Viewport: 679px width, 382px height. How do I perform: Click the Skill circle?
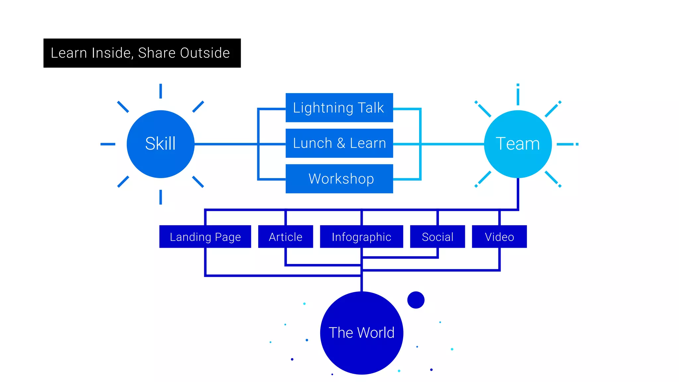point(160,144)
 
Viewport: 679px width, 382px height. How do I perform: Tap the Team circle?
point(518,144)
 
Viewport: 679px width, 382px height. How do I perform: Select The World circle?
point(361,333)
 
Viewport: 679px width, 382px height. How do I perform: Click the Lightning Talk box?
point(339,108)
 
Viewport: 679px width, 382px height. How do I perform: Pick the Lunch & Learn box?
point(339,143)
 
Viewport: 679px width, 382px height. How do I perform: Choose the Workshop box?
point(339,179)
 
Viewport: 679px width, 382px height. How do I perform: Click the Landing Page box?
point(205,237)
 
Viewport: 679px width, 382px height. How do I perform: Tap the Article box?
point(285,237)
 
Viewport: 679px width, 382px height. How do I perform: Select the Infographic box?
point(361,237)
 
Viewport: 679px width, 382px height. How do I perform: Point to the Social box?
point(437,237)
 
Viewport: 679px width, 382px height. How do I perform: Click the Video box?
point(499,237)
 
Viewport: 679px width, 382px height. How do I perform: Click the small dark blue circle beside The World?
point(416,300)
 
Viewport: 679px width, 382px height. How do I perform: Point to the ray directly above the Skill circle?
point(160,91)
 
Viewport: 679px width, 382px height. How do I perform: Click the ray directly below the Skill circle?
point(160,197)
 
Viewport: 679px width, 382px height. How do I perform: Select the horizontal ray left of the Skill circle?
point(108,144)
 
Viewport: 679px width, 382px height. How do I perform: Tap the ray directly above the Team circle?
point(518,95)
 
